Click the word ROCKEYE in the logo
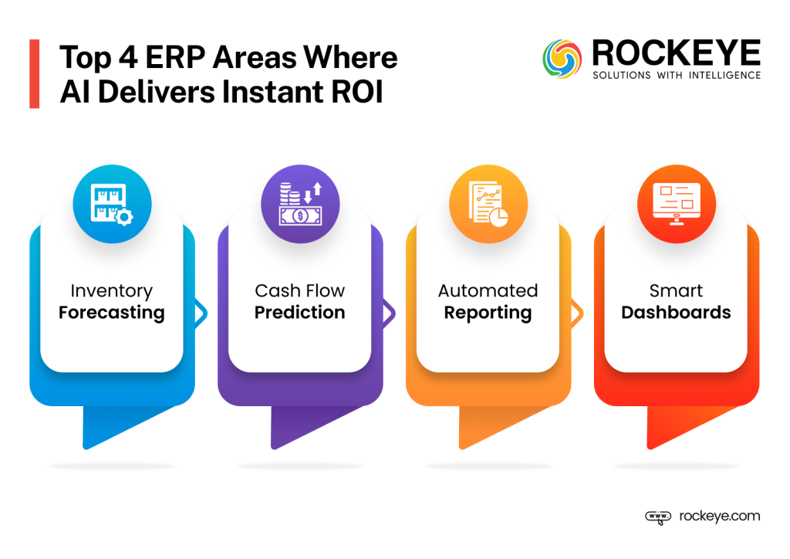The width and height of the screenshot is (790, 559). [676, 53]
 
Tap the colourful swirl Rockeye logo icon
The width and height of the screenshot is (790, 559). [562, 59]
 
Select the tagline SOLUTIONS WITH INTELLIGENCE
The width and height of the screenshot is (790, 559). [676, 76]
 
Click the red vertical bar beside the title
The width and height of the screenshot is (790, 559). [34, 74]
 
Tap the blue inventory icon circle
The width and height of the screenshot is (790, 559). [112, 205]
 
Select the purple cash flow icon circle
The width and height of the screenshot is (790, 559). [300, 205]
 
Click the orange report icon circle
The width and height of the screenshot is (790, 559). [488, 205]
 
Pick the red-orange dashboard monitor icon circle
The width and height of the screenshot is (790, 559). [677, 205]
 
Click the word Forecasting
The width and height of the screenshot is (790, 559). [112, 313]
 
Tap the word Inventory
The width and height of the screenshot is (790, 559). [112, 291]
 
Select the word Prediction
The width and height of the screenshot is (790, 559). [300, 313]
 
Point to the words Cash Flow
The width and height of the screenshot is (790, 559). [300, 291]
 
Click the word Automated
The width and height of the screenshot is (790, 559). [488, 291]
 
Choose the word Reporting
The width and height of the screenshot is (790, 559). [488, 313]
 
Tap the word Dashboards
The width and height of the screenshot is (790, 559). [677, 313]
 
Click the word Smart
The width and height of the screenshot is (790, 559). [677, 291]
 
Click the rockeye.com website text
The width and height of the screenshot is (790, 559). [720, 517]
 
